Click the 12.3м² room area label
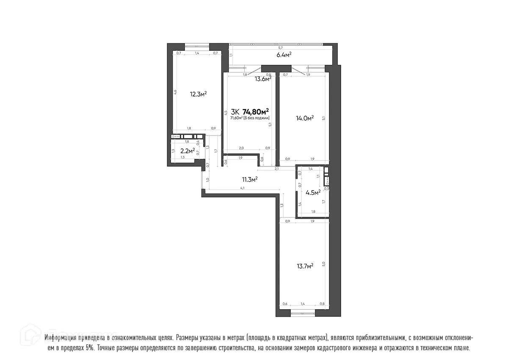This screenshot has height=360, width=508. tap(198, 94)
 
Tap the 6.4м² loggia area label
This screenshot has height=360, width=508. tap(284, 55)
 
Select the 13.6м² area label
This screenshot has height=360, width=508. tap(263, 78)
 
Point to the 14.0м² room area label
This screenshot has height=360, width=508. tap(304, 118)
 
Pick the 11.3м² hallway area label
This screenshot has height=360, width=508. tap(250, 180)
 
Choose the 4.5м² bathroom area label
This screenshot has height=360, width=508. tap(313, 192)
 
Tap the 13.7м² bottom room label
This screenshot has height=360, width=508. tap(304, 266)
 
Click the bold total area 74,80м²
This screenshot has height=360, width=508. tap(256, 112)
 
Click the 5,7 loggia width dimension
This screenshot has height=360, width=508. tap(280, 48)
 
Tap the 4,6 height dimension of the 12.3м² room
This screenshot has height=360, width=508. tap(175, 91)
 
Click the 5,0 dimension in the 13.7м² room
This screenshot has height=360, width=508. tap(323, 264)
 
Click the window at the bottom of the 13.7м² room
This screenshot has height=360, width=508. tap(303, 314)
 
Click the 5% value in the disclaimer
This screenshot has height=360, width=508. tap(90, 348)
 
